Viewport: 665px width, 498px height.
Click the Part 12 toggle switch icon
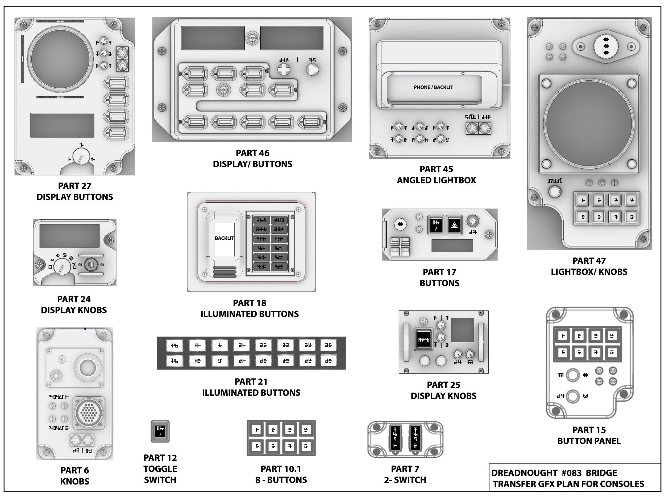point(160,431)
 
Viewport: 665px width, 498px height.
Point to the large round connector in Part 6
point(89,412)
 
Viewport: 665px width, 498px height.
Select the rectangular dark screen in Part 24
point(69,236)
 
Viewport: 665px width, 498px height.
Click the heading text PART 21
point(251,381)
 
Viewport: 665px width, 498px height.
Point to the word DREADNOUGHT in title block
point(524,473)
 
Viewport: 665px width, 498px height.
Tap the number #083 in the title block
point(572,473)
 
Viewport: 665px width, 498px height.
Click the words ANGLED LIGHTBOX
point(436,180)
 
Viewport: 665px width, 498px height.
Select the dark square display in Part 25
point(462,330)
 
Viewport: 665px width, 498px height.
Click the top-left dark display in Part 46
point(213,38)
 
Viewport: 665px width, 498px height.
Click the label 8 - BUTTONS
point(281,480)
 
